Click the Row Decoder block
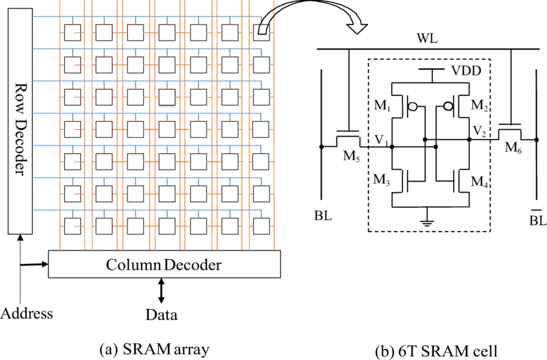(x=20, y=121)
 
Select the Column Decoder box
(x=164, y=264)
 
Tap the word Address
(x=27, y=313)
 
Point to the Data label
(x=161, y=315)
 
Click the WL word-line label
(x=427, y=39)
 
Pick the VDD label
(x=467, y=71)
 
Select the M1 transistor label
(x=382, y=105)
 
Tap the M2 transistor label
(x=479, y=105)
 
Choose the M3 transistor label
(x=382, y=180)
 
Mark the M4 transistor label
(x=479, y=182)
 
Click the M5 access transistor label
(x=351, y=156)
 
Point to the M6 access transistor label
(x=514, y=147)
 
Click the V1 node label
(x=382, y=140)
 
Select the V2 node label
(x=479, y=131)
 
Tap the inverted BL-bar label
(x=537, y=218)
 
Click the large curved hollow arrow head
(x=356, y=28)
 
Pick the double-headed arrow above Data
(x=161, y=290)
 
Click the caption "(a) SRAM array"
(x=154, y=349)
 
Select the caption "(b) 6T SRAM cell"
(x=436, y=351)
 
